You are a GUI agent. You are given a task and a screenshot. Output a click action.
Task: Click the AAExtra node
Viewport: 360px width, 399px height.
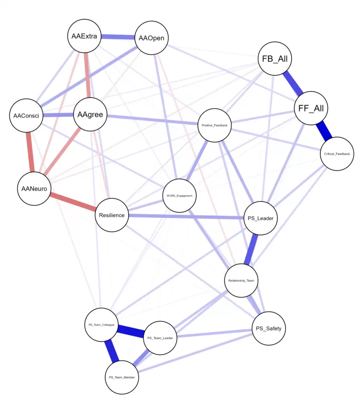click(x=84, y=37)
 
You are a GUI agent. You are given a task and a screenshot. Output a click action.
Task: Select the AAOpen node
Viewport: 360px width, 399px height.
click(x=151, y=38)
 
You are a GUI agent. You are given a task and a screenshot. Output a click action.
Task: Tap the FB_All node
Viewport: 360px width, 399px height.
click(x=275, y=59)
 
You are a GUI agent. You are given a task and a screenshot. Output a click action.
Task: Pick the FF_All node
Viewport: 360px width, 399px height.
click(x=311, y=108)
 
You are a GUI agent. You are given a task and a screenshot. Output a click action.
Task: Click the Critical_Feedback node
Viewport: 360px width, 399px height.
click(x=337, y=154)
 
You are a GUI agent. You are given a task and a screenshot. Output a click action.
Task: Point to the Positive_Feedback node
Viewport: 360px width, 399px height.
click(x=215, y=125)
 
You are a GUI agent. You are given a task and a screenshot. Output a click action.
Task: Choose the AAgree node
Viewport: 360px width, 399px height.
click(x=90, y=115)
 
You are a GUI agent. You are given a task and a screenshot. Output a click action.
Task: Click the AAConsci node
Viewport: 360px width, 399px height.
click(x=26, y=116)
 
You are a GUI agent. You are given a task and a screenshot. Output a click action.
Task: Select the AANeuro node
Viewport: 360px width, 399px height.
click(x=34, y=189)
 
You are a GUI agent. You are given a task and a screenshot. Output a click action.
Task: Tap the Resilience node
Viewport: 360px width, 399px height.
click(x=112, y=215)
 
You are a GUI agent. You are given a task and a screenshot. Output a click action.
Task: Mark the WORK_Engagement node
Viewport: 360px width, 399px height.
click(x=179, y=196)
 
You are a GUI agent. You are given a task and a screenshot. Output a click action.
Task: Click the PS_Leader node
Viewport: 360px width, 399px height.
click(x=261, y=218)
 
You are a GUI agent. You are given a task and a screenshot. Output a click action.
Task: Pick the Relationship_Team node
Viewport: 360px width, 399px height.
click(x=242, y=280)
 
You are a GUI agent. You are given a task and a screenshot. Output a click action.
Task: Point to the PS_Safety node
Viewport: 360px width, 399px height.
click(x=268, y=328)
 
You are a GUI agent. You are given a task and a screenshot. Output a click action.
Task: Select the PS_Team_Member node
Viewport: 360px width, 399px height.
click(x=122, y=377)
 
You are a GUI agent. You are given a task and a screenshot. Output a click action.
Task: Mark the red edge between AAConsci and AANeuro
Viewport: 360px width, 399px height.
click(x=30, y=152)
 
